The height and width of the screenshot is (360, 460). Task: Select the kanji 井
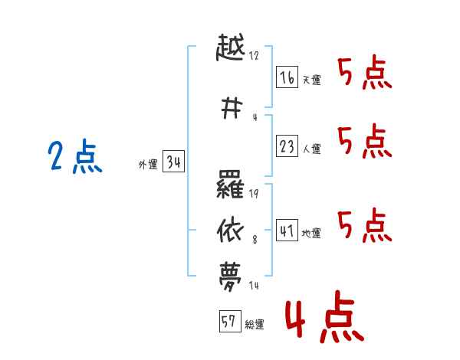[x=231, y=109]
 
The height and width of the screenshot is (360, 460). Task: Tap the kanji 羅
[x=231, y=185]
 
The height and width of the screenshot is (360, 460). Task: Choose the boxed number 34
[x=173, y=162]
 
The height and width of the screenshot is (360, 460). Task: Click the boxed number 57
[x=229, y=322]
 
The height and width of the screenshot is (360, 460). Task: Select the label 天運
[x=311, y=80]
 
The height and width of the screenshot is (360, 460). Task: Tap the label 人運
[x=311, y=149]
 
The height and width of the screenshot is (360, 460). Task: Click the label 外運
[x=148, y=165]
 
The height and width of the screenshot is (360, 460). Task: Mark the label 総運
[x=255, y=325]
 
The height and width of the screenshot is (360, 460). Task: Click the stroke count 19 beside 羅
[x=254, y=194]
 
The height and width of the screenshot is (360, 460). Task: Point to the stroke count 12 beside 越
[x=254, y=56]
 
